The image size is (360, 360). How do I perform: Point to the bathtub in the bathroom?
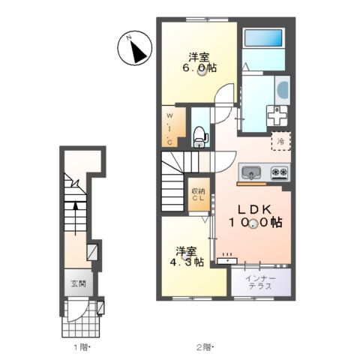[x=262, y=39]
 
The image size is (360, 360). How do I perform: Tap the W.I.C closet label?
[x=170, y=128]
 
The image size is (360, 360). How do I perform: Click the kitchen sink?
[x=250, y=172]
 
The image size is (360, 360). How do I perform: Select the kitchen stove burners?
[x=279, y=173]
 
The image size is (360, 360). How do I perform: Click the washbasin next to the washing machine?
[x=282, y=91]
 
